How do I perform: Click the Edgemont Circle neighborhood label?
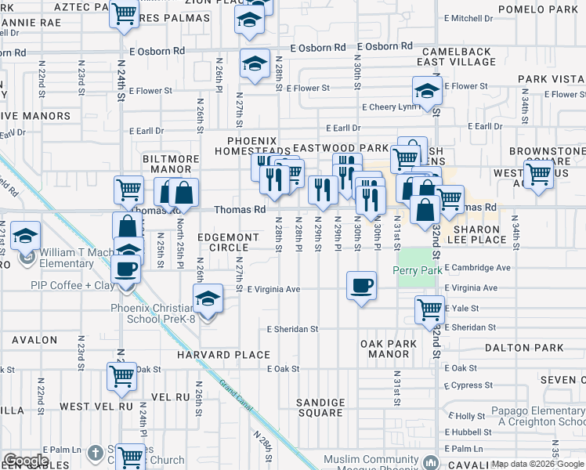click(x=228, y=242)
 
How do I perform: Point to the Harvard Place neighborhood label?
click(x=223, y=355)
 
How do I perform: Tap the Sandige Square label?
click(x=320, y=407)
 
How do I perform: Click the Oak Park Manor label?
click(x=385, y=349)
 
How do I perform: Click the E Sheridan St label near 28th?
click(x=293, y=330)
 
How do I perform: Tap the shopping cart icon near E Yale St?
click(x=429, y=309)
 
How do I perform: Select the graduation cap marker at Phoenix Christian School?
click(x=206, y=298)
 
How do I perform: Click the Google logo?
click(x=26, y=461)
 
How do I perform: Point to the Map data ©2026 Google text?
click(x=537, y=464)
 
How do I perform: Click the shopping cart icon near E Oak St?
click(x=121, y=376)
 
